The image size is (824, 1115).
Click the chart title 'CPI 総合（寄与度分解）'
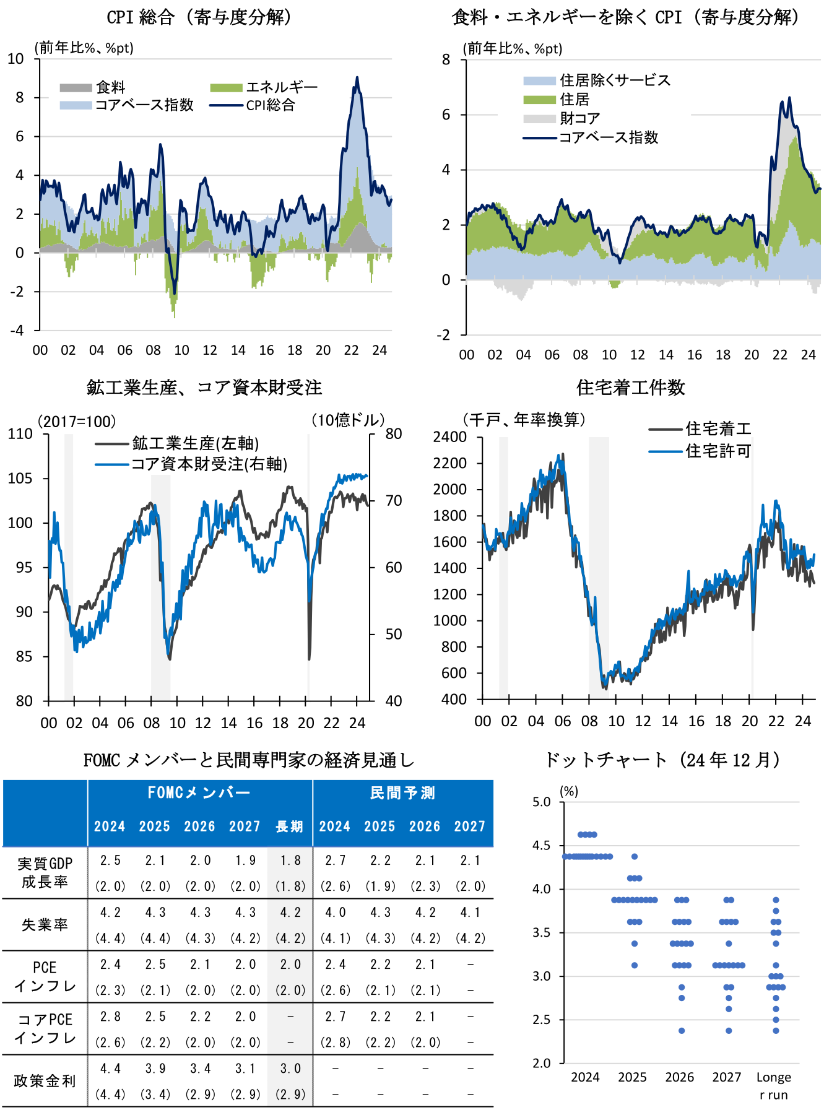point(199,17)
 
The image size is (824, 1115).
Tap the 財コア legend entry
point(579,118)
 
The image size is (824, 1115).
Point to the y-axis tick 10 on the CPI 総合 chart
point(16,59)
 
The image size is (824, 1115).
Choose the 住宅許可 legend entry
point(718,451)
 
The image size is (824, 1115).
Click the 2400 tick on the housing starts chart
point(450,437)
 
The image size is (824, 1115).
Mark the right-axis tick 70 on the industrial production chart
point(393,500)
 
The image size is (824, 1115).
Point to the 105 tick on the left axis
point(20,479)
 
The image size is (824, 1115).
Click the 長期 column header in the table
point(289,826)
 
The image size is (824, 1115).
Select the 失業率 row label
point(45,925)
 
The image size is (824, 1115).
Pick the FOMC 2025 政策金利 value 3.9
point(155,1069)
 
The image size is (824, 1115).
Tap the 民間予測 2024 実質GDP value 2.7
point(334,861)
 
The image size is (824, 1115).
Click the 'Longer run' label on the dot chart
point(773,1085)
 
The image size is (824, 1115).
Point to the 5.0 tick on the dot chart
point(542,802)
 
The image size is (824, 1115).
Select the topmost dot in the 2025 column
point(635,857)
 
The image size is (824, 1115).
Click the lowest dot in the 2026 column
point(682,1031)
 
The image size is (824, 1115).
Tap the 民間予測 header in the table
point(402,793)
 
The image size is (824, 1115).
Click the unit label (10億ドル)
point(348,421)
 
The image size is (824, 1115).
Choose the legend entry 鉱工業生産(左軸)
point(195,443)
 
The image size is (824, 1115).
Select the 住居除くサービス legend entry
point(614,80)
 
